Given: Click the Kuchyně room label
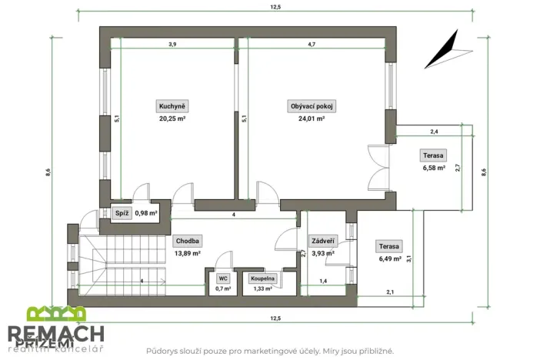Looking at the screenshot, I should click(172, 105).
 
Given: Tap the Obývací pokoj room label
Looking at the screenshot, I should click(312, 105).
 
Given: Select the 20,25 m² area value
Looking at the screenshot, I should click(172, 118).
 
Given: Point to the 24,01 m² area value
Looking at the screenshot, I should click(312, 118).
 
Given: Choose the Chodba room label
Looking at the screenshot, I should click(187, 240).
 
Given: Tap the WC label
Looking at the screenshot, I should click(223, 278).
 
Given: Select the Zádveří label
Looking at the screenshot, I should click(322, 240).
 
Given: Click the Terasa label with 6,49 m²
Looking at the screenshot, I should click(388, 246).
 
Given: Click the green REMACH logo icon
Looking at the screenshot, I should click(56, 314).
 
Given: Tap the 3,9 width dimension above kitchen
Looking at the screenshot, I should click(172, 45).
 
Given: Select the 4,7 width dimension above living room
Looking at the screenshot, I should click(312, 45).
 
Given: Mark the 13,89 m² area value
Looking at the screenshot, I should click(187, 252).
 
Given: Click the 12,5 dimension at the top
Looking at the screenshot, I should click(275, 7).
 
